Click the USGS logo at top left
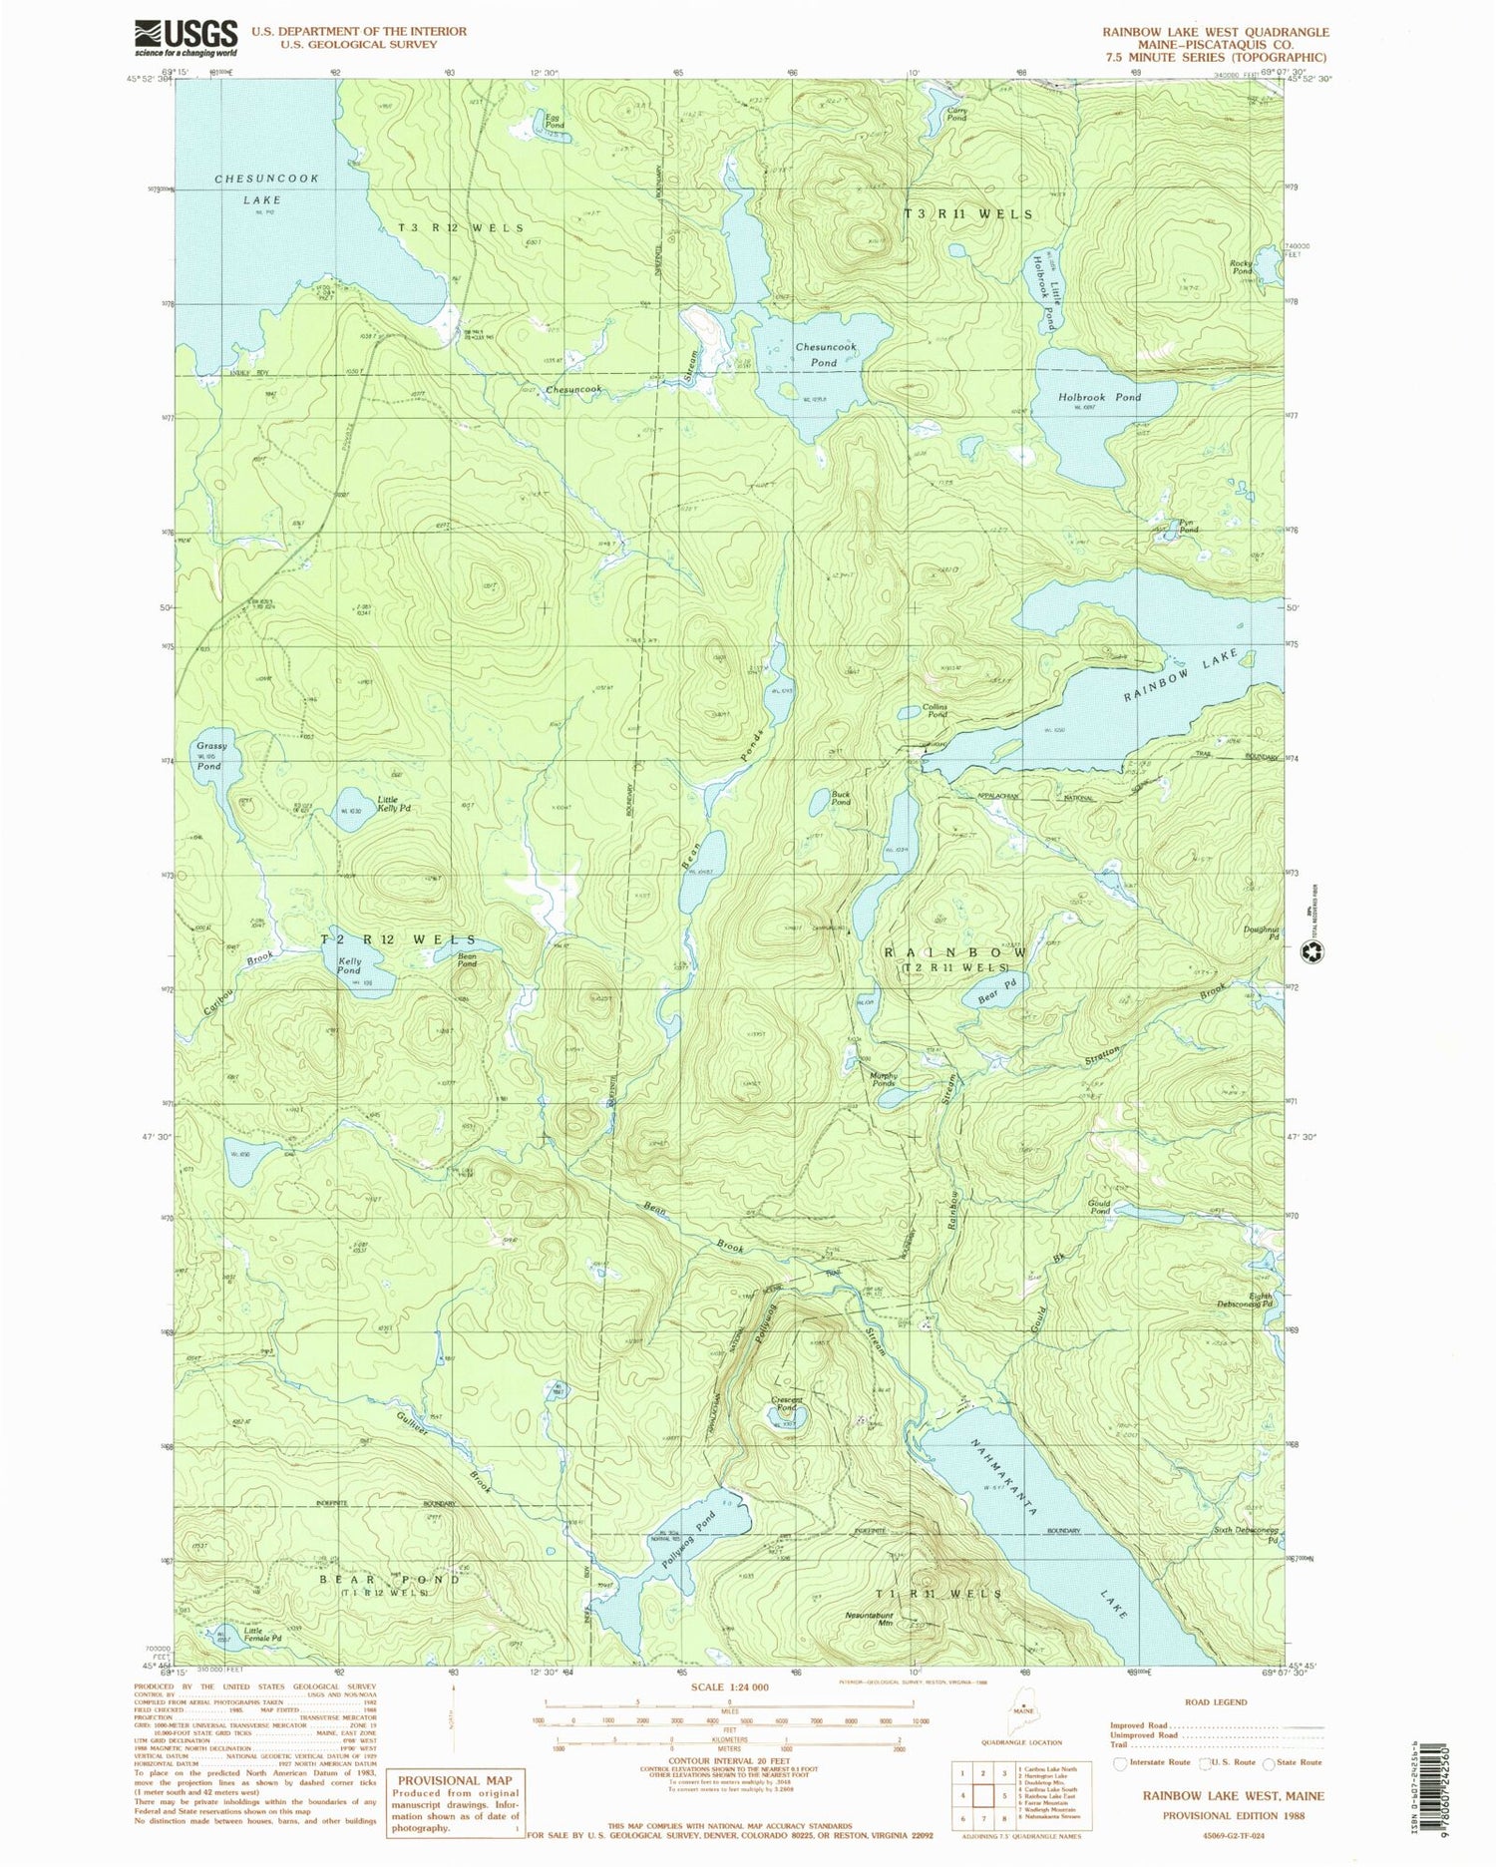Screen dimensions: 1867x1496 click(186, 39)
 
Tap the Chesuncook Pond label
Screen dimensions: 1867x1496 click(825, 354)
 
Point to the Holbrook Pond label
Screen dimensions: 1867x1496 click(1099, 397)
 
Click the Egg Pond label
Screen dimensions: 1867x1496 click(554, 121)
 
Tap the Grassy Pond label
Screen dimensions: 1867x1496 click(210, 756)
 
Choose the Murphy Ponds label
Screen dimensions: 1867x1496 click(885, 1079)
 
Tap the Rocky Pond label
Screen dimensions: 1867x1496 click(1242, 267)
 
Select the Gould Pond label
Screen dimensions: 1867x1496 click(1098, 1207)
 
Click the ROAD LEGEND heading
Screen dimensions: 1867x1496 click(1216, 1701)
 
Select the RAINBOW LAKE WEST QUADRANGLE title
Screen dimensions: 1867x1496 click(1215, 32)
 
